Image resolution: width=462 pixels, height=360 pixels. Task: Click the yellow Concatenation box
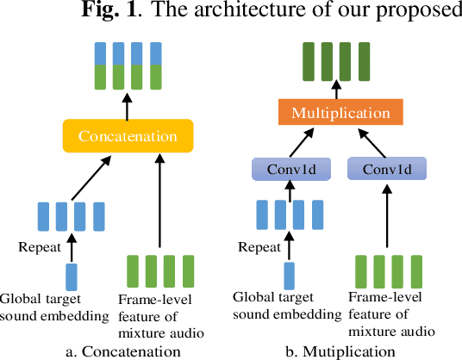point(128,136)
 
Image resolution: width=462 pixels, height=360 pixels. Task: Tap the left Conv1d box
point(291,170)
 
